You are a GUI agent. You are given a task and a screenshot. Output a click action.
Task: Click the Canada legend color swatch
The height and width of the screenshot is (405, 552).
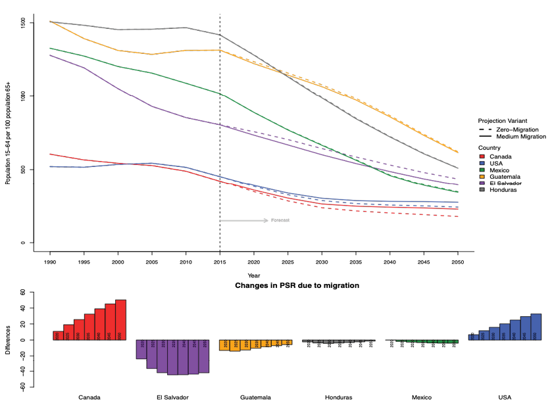point(482,156)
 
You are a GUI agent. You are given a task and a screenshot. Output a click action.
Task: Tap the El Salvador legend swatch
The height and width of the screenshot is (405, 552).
point(482,183)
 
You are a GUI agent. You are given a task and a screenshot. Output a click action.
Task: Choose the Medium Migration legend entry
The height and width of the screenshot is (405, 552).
point(516,137)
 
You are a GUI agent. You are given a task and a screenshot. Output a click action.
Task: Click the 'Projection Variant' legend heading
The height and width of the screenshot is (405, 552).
point(503,121)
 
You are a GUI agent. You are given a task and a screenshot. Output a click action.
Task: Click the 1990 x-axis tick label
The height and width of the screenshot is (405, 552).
point(49,261)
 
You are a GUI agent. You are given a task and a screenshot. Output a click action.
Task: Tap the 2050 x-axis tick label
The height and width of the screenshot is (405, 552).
point(458,261)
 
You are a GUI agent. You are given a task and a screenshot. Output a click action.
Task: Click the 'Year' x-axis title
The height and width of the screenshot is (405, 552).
point(253,275)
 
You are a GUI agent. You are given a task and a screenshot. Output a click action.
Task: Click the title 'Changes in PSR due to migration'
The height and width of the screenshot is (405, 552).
point(297,286)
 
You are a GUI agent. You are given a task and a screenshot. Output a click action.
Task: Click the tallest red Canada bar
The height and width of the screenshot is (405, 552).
point(120,320)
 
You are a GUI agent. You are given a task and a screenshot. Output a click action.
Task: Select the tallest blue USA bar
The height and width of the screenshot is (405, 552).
point(536,326)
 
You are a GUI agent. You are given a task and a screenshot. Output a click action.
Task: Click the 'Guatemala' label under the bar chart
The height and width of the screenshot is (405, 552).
point(255,397)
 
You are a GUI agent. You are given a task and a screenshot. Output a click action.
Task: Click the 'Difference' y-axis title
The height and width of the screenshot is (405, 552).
point(7,341)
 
